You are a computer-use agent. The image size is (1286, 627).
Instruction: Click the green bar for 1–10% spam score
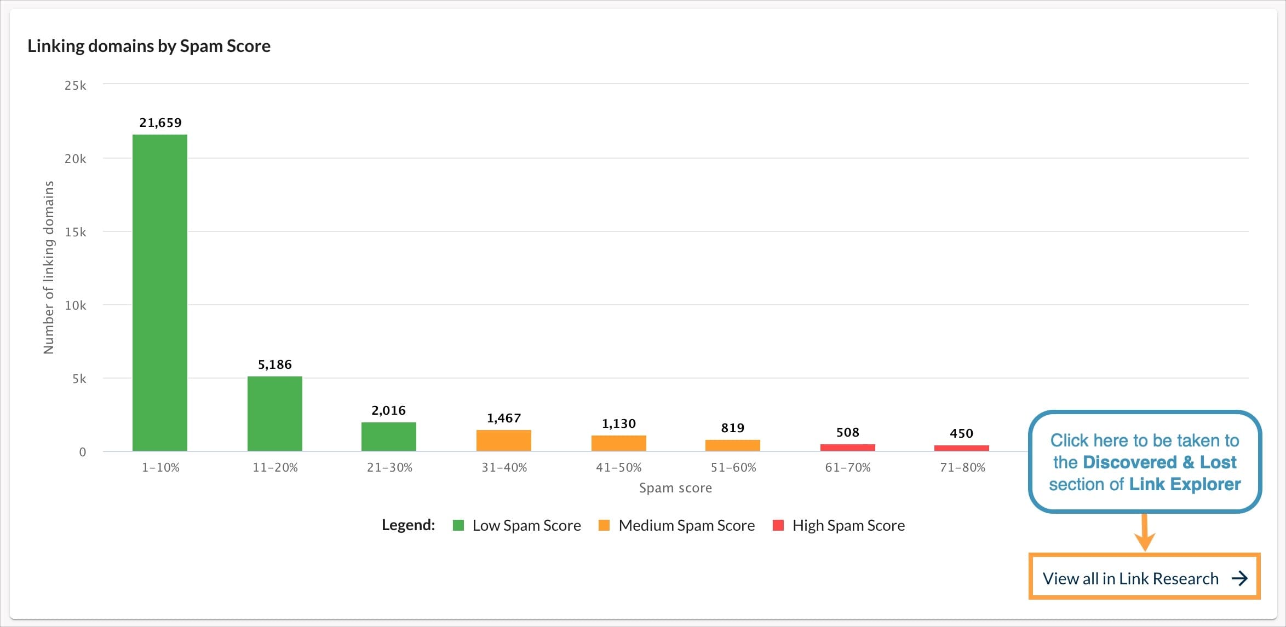pyautogui.click(x=160, y=293)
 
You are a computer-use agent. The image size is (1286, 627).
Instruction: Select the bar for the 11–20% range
pyautogui.click(x=275, y=414)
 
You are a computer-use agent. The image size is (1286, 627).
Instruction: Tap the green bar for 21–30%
pyautogui.click(x=389, y=437)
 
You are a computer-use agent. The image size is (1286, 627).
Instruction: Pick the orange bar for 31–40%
pyautogui.click(x=504, y=440)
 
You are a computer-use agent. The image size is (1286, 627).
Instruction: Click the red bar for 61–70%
pyautogui.click(x=847, y=448)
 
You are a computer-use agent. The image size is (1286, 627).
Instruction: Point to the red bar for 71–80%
pyautogui.click(x=962, y=448)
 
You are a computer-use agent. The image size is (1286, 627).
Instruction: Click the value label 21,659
pyautogui.click(x=160, y=123)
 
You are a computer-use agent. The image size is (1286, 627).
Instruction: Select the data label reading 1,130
pyautogui.click(x=619, y=423)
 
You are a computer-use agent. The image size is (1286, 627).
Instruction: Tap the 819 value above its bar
pyautogui.click(x=733, y=428)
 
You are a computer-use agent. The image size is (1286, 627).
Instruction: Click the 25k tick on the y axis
pyautogui.click(x=76, y=85)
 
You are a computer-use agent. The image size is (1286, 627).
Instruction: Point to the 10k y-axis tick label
pyautogui.click(x=76, y=305)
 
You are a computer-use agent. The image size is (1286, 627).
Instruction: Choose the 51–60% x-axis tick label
pyautogui.click(x=733, y=467)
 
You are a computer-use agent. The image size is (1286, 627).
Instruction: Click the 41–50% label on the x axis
pyautogui.click(x=619, y=467)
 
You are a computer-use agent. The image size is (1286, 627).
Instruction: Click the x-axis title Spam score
pyautogui.click(x=675, y=487)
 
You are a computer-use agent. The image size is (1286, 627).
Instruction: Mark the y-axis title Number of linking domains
pyautogui.click(x=49, y=268)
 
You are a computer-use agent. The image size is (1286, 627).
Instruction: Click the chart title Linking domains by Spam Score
pyautogui.click(x=149, y=46)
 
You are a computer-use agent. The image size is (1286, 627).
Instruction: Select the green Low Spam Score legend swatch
pyautogui.click(x=458, y=525)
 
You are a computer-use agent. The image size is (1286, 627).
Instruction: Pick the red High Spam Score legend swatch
pyautogui.click(x=778, y=525)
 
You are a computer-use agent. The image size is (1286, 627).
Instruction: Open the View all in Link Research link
pyautogui.click(x=1144, y=578)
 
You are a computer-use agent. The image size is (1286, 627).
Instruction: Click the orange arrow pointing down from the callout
pyautogui.click(x=1145, y=533)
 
